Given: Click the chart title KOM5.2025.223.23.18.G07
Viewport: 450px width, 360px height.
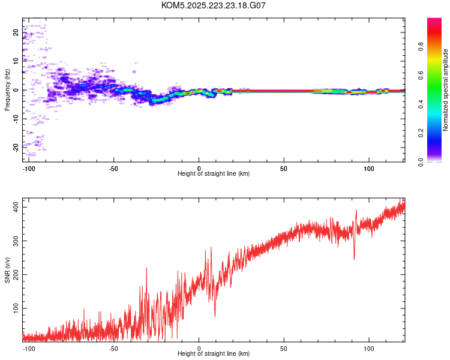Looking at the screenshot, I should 214,5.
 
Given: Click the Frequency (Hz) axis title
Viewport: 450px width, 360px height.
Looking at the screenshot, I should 7,90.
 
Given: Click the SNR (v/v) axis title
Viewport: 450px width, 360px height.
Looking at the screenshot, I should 7,269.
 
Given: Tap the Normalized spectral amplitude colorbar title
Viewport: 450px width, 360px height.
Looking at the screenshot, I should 446,90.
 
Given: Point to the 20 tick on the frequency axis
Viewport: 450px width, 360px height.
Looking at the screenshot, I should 16,33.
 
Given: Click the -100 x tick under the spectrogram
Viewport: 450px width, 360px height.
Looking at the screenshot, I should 26,167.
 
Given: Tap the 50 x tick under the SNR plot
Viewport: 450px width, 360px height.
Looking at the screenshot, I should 284,347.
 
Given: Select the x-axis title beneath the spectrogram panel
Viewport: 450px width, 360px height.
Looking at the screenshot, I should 214,173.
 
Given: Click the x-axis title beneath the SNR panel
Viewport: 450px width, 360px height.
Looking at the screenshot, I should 214,353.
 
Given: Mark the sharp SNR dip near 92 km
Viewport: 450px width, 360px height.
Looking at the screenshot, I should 354,259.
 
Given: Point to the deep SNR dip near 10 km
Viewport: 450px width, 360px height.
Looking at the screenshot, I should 215,316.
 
